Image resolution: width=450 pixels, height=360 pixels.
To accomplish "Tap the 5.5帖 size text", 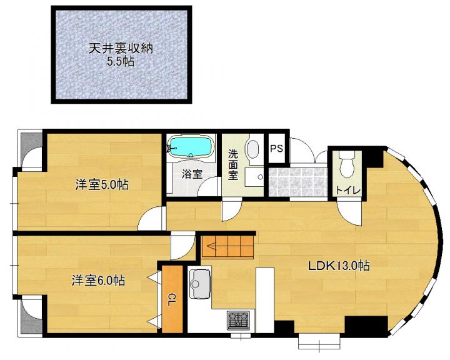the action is coord(121,62).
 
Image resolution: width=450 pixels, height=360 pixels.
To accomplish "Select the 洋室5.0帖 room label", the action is coord(102,184).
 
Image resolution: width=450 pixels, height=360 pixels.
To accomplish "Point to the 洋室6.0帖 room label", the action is coord(99,281).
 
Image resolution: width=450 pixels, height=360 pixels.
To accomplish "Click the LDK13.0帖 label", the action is coord(339,266).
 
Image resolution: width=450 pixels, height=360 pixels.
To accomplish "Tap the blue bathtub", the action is coord(191,147).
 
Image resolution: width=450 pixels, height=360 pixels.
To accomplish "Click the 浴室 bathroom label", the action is coord(192,174).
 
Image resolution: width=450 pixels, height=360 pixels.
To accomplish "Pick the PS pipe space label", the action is coord(277,148).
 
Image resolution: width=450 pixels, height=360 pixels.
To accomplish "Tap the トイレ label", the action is coord(347,191).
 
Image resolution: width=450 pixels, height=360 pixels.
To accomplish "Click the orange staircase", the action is coord(228,246).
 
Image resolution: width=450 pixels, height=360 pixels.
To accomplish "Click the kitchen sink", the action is coord(200,284).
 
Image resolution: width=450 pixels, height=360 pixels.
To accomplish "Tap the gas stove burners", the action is coord(238,320).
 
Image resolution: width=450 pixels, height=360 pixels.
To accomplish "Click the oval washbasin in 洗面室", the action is coord(253,149).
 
